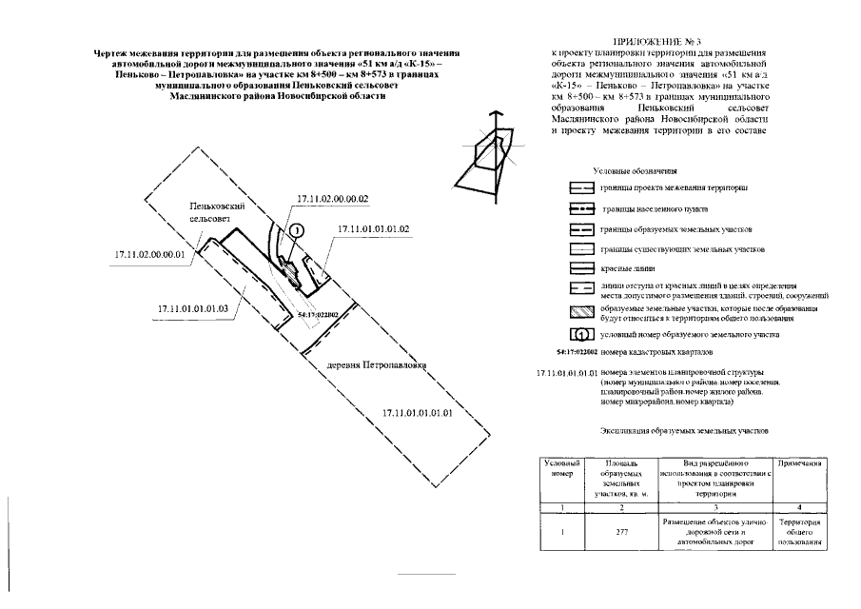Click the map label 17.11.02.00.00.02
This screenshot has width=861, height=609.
pos(332,199)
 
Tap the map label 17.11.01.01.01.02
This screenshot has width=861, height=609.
pos(373,229)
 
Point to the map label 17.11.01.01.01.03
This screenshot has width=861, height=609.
pos(192,308)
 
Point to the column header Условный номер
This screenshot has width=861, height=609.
pos(561,467)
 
